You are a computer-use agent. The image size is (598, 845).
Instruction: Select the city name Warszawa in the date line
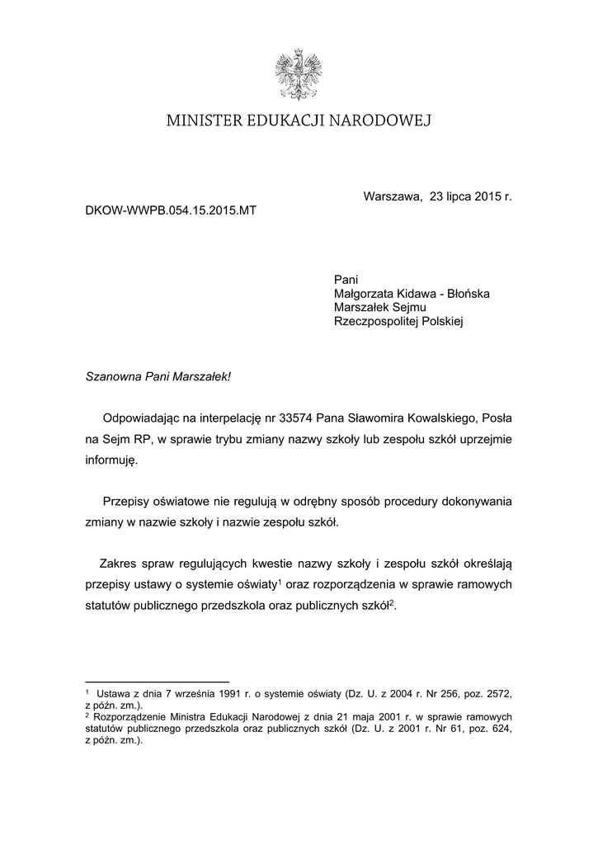[392, 197]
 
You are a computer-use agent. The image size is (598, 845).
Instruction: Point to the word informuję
[112, 460]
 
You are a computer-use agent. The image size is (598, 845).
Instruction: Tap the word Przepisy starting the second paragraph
[129, 501]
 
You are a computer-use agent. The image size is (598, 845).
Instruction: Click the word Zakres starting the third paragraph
[118, 564]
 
